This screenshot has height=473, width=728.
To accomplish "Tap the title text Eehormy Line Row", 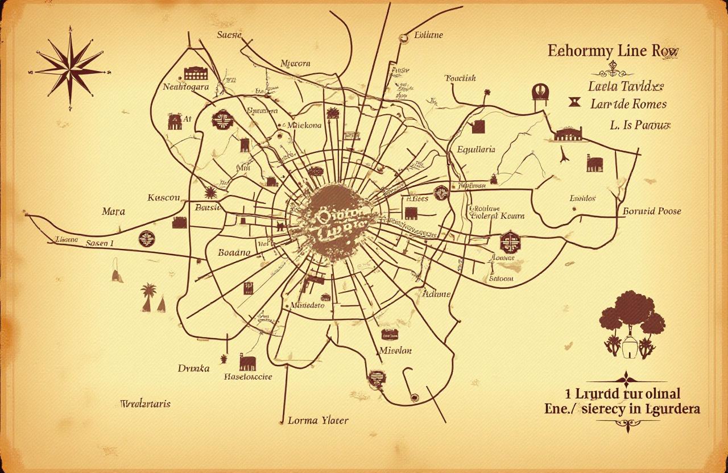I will [x=613, y=51].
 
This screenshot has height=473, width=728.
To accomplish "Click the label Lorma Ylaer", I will [x=318, y=421].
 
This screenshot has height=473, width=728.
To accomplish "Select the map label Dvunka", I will [x=193, y=368].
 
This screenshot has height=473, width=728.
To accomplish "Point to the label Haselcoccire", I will [x=248, y=376].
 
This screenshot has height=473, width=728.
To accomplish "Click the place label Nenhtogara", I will [x=186, y=87].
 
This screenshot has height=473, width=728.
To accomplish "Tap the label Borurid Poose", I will [x=652, y=211].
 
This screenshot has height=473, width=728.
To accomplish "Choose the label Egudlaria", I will [x=476, y=150].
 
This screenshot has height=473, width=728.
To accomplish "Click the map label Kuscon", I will [x=164, y=198].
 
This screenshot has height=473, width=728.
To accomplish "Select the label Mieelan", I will [x=395, y=350].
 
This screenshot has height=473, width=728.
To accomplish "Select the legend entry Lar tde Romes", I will [x=628, y=104].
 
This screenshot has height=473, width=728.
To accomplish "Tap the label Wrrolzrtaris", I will [x=146, y=404].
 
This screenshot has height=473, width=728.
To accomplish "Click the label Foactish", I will [x=460, y=78].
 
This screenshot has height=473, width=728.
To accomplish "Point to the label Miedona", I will [x=304, y=125].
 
